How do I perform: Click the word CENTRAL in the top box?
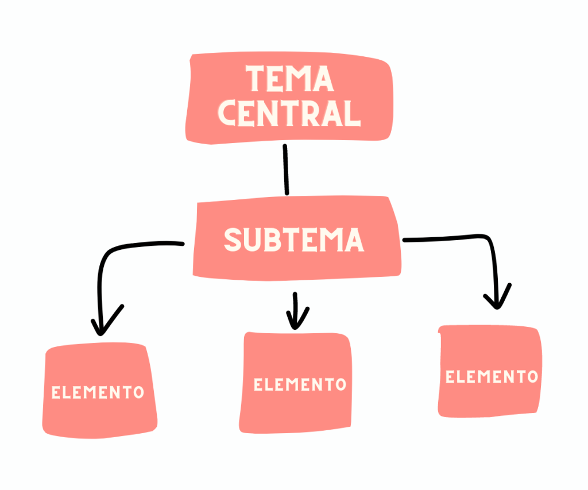click(289, 113)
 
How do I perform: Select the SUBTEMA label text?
click(293, 240)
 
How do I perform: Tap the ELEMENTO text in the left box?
click(98, 393)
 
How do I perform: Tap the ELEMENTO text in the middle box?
click(300, 384)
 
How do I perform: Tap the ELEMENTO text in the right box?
click(492, 377)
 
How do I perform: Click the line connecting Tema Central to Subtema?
click(285, 169)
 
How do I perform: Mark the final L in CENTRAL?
click(353, 113)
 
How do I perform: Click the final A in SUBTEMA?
click(353, 240)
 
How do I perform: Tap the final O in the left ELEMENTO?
click(138, 393)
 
